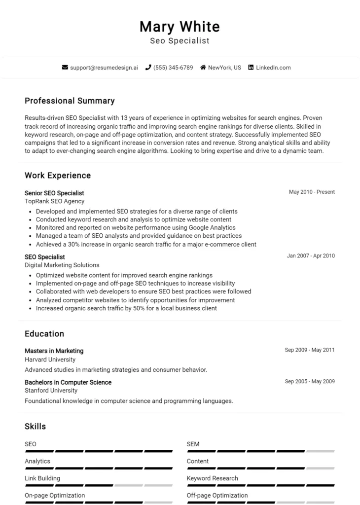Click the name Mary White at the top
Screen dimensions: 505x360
tap(180, 26)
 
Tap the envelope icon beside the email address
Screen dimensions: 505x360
tap(65, 68)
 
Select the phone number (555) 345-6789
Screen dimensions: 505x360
tap(173, 68)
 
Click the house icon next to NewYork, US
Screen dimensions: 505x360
tap(203, 68)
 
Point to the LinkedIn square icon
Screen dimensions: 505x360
tap(251, 68)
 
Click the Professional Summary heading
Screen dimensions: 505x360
tap(70, 101)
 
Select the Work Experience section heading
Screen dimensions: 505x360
tap(58, 176)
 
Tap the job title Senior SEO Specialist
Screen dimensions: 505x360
tap(54, 193)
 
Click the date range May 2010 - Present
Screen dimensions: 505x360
tap(312, 192)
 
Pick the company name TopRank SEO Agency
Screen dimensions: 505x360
tap(54, 201)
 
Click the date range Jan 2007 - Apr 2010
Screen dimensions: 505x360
tap(311, 256)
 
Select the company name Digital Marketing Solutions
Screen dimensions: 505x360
tap(62, 265)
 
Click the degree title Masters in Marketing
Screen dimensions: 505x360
tap(54, 351)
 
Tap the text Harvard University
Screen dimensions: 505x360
tap(51, 360)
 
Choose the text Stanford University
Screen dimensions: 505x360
tap(51, 391)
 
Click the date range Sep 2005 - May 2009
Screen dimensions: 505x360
tap(310, 381)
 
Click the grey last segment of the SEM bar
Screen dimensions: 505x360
tap(320, 451)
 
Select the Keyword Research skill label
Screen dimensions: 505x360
tap(212, 478)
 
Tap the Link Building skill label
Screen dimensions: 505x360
tap(42, 478)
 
